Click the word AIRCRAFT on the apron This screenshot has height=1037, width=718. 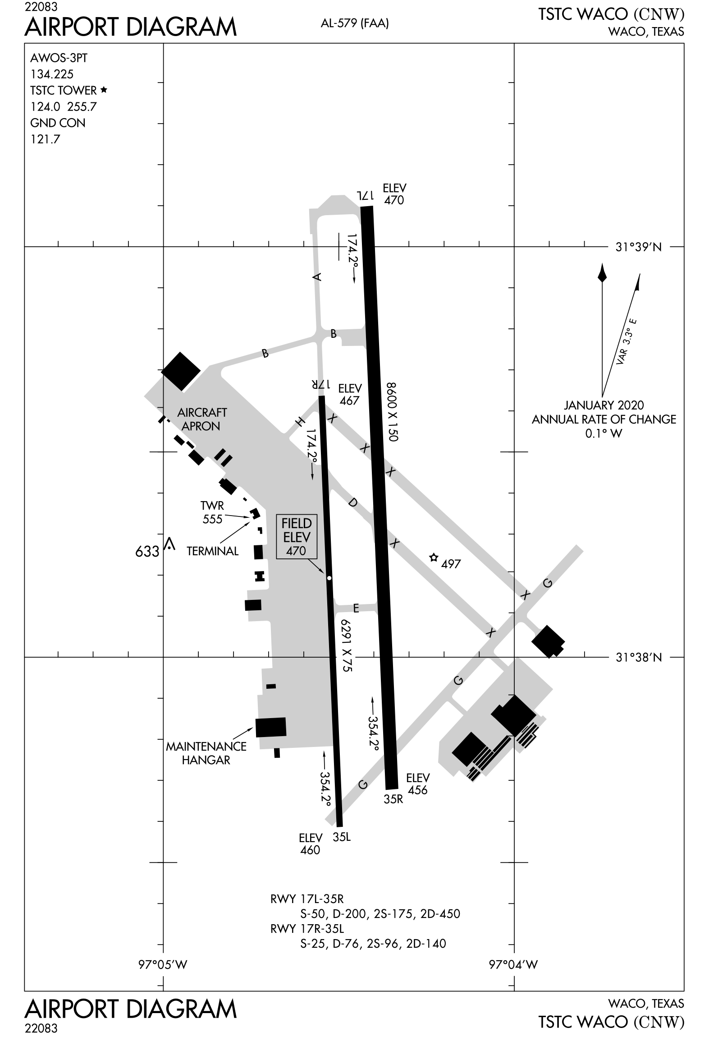(201, 412)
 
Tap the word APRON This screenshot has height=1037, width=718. (201, 426)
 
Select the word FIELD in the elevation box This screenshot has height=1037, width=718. (297, 523)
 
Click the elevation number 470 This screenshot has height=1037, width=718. (296, 550)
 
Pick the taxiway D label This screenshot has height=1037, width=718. (353, 503)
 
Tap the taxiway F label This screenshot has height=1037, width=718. (356, 608)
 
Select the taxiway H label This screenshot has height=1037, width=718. (300, 422)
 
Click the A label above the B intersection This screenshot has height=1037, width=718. (318, 277)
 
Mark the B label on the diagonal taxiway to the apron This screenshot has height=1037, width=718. (265, 353)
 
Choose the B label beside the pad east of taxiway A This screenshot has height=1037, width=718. (334, 334)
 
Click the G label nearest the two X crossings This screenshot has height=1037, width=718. (547, 583)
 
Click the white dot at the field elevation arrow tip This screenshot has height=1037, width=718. (329, 578)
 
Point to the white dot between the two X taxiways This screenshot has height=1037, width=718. (434, 558)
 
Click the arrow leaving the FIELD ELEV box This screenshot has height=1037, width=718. (316, 566)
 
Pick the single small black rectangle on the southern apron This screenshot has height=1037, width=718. (271, 699)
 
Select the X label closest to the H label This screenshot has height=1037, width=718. (333, 419)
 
